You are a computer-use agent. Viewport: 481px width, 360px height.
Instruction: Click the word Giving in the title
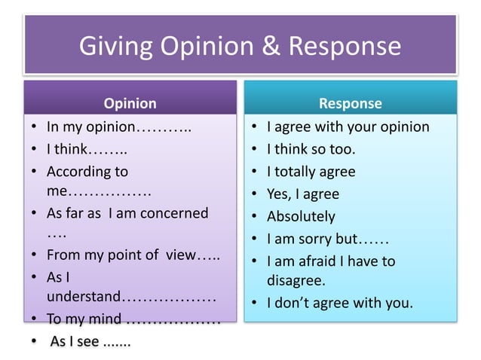pos(115,47)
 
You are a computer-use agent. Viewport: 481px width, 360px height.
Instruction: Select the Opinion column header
pos(130,104)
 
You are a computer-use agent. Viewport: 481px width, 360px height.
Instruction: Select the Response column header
pos(351,104)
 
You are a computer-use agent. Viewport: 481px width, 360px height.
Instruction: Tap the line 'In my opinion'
pos(90,127)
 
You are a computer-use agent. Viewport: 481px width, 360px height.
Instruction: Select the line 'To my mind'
pos(84,319)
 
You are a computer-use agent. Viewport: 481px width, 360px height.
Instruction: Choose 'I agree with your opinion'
pos(348,127)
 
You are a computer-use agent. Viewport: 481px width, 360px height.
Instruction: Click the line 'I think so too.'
pos(311,149)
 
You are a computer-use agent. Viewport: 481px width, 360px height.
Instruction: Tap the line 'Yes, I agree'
pos(303,194)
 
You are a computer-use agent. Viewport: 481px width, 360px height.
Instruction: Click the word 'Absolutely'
pos(301,217)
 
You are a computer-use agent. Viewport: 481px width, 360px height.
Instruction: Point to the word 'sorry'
pos(316,239)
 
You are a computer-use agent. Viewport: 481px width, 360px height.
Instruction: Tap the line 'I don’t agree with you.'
pos(340,304)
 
